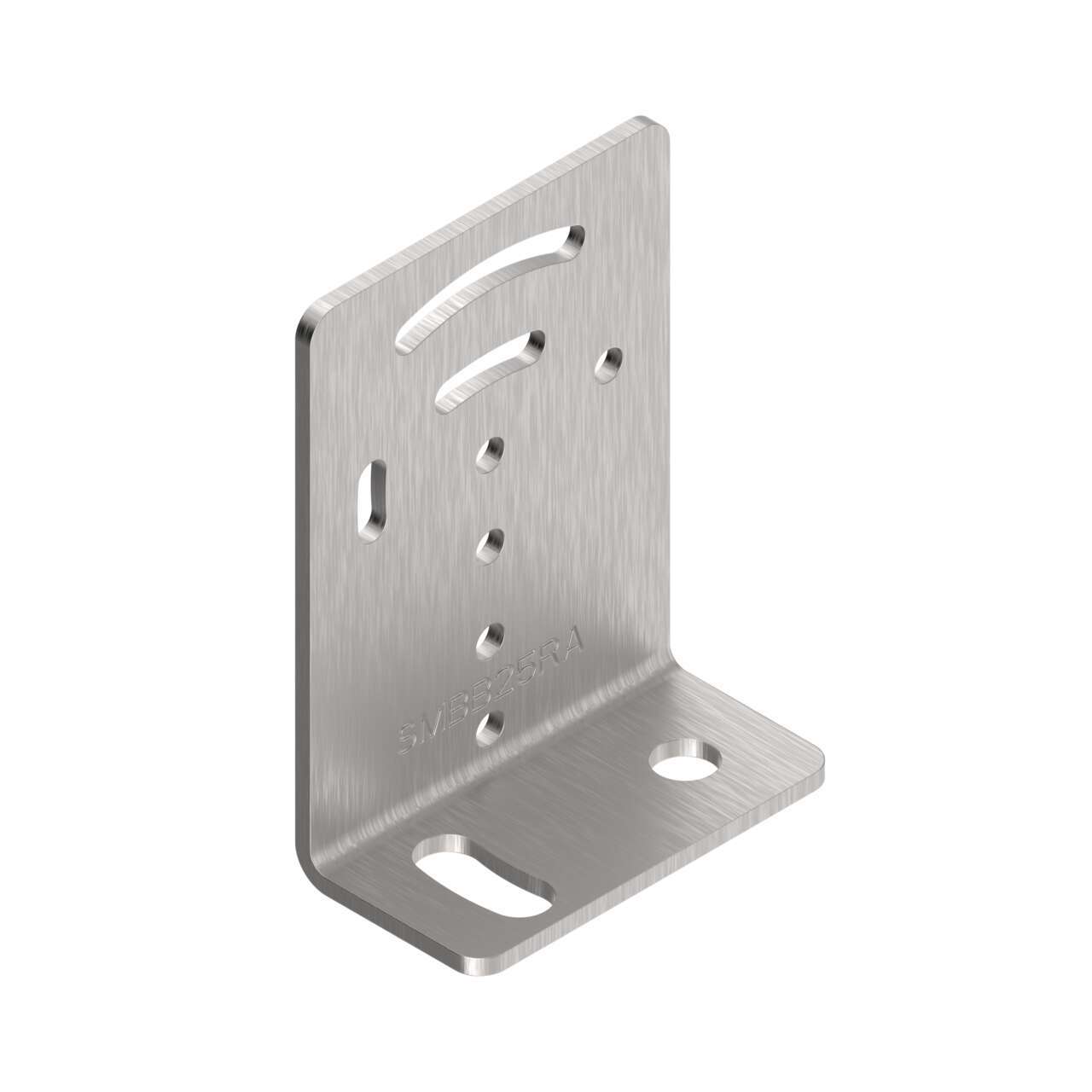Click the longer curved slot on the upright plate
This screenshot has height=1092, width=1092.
[x=491, y=287]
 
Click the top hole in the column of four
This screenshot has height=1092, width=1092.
[x=491, y=454]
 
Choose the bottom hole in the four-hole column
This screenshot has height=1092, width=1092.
[x=491, y=726]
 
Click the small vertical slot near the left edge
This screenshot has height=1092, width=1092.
[x=374, y=499]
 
